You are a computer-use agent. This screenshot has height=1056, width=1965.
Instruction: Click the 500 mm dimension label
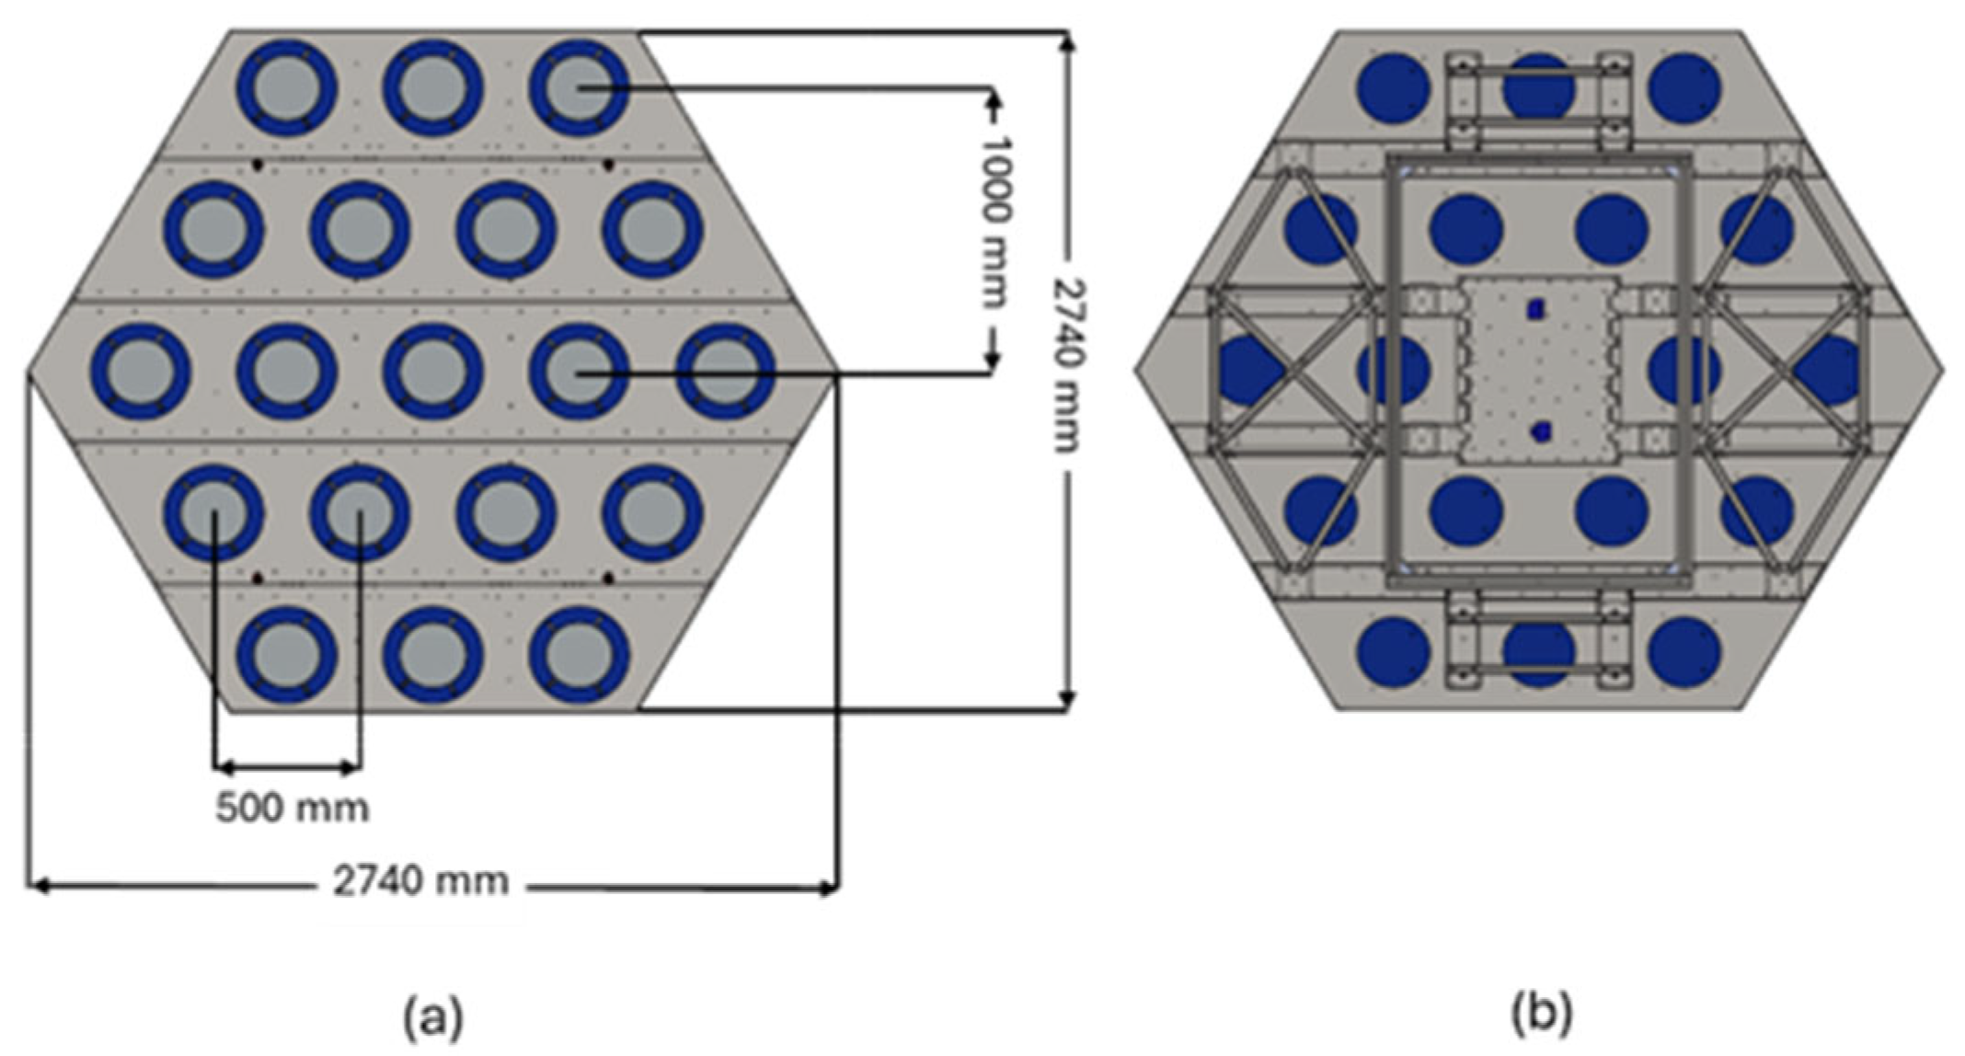[293, 809]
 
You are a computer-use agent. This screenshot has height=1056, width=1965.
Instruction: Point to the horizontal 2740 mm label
[420, 882]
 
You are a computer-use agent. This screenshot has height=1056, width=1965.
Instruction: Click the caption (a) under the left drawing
[433, 1016]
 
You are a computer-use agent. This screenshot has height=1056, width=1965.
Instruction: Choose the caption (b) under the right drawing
[1541, 1013]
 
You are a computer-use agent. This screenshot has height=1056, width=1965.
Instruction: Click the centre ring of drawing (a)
[433, 372]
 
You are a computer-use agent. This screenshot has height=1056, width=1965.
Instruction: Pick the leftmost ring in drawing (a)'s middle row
[141, 372]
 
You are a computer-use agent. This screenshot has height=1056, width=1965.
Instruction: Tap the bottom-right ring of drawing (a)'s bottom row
[579, 655]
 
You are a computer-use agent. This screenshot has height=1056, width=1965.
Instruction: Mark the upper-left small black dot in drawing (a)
[259, 165]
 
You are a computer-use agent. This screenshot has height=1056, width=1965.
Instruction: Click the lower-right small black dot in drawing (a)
[608, 578]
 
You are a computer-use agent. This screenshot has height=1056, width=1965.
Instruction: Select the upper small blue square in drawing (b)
[1534, 310]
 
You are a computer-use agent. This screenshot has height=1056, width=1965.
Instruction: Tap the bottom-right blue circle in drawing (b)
[1684, 652]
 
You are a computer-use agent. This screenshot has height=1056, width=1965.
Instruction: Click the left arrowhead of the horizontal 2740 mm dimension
[37, 887]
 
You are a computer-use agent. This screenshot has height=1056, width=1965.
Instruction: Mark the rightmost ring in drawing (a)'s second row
[653, 230]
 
